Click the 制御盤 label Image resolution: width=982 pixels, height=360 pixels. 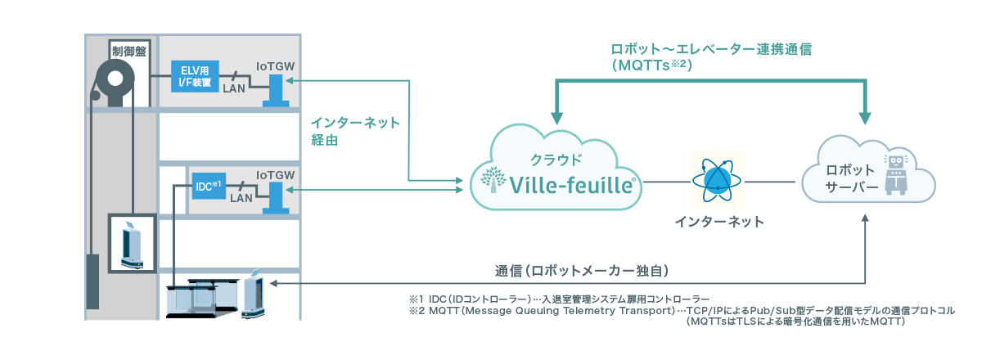123,52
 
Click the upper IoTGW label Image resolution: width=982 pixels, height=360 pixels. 275,65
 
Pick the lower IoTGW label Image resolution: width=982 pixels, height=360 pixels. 275,175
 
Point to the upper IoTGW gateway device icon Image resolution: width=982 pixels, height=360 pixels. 275,91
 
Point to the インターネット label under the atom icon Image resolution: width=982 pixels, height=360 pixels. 718,222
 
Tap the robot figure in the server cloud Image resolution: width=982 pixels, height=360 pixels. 896,173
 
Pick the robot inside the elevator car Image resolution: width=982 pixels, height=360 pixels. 131,243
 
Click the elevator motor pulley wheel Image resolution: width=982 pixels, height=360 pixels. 114,83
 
